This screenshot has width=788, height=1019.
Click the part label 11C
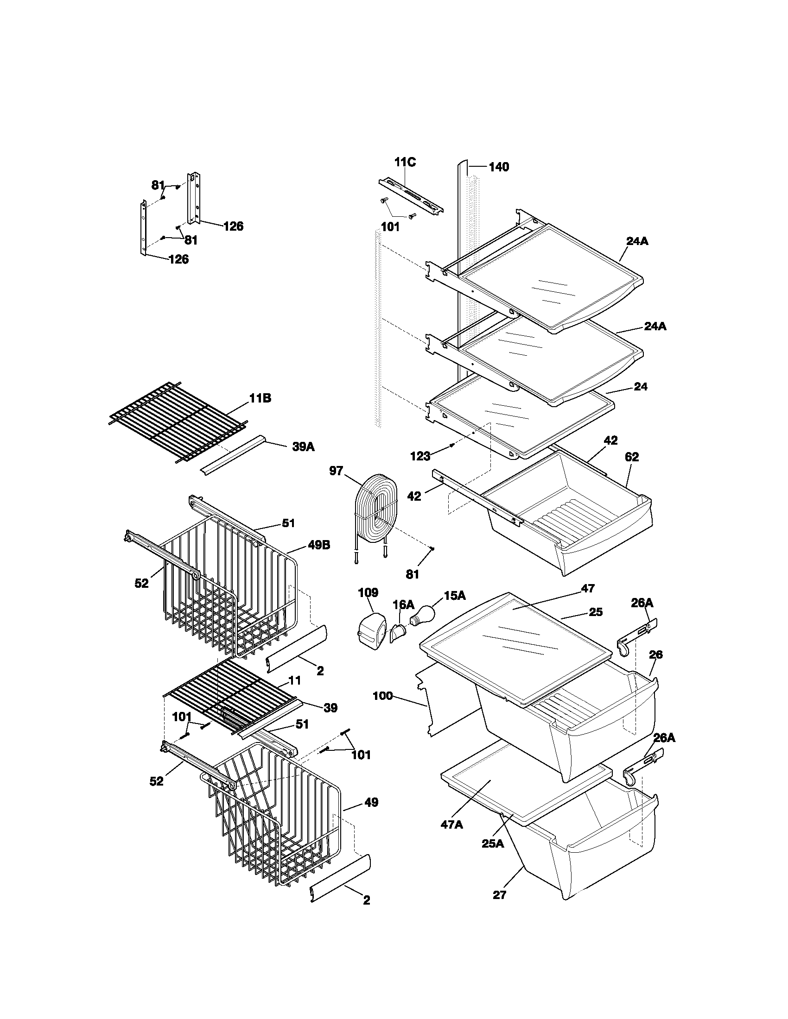coord(405,163)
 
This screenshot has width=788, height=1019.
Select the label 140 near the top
coord(499,167)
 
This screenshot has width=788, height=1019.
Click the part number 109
coord(368,592)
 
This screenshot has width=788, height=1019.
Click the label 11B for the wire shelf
coord(260,398)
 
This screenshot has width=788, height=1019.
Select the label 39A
coord(303,447)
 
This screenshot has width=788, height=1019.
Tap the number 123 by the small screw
coord(420,456)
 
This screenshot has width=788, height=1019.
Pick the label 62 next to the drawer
coord(631,457)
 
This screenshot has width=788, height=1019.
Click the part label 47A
coord(451,824)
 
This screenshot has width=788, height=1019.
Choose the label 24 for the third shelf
coord(641,387)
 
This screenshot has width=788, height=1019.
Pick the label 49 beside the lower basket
coord(371,803)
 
